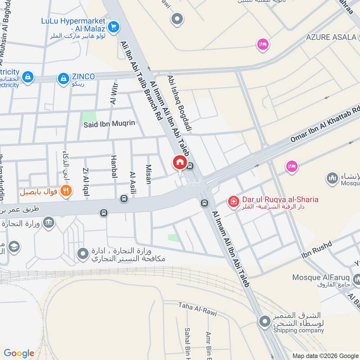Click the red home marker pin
pos(180,162)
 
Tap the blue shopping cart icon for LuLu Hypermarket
pos(113,27)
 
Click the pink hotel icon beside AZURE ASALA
pos(262,44)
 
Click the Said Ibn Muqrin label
pos(109,123)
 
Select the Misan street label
pos(148,174)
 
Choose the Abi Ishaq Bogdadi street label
pos(180,103)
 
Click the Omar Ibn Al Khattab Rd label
pos(325,125)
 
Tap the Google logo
pos(18,353)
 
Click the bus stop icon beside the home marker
pos(190,166)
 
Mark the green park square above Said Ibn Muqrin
pos(89,116)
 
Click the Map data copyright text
pos(325,355)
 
